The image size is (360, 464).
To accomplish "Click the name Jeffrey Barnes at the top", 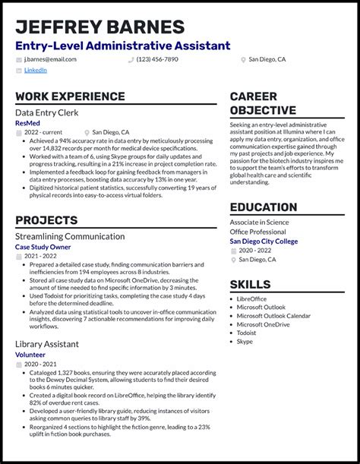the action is click(99, 27).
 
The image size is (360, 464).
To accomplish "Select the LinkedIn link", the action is click(35, 70).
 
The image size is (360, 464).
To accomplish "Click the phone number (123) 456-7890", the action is click(157, 58).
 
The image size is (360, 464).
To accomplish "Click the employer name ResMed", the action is click(29, 122).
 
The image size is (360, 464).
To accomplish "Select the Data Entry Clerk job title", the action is click(48, 112).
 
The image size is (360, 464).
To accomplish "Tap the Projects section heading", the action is click(46, 220).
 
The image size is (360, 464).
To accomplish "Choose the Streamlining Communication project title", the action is click(70, 236).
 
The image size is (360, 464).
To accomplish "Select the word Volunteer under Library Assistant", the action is click(31, 354).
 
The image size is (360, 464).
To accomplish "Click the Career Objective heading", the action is click(264, 103).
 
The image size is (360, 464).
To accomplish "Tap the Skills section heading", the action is click(250, 284).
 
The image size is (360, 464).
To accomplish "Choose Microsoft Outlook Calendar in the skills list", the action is click(273, 316).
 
